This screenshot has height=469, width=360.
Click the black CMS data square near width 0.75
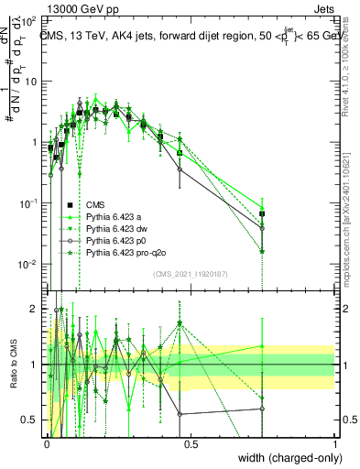[262, 213]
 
